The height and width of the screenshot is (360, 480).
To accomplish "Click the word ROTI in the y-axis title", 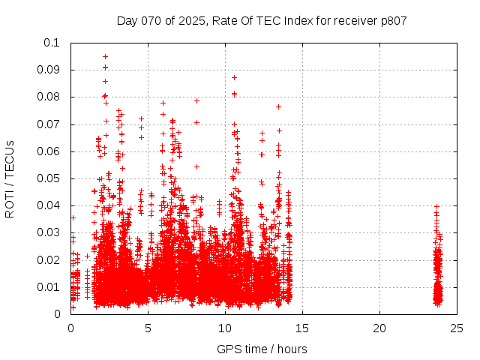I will (x=10, y=204).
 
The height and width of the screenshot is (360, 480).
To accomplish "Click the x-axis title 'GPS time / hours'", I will (x=262, y=349).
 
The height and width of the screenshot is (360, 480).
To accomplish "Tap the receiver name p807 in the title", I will (x=392, y=20).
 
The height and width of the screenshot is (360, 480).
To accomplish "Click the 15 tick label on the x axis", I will (x=302, y=328).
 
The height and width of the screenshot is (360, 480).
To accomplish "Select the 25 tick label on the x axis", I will (x=457, y=328).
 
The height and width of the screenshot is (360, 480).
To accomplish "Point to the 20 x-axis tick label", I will (x=379, y=328).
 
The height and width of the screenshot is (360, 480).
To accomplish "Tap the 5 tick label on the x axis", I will (x=148, y=328).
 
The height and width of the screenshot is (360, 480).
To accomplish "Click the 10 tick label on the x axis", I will (x=225, y=328).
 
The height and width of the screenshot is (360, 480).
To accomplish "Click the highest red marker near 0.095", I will (x=105, y=56).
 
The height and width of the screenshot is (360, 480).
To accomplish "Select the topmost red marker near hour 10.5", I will (x=234, y=77).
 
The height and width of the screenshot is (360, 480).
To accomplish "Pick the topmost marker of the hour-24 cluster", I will (x=436, y=206).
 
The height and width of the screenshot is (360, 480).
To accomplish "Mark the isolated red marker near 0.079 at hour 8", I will (x=196, y=100).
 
